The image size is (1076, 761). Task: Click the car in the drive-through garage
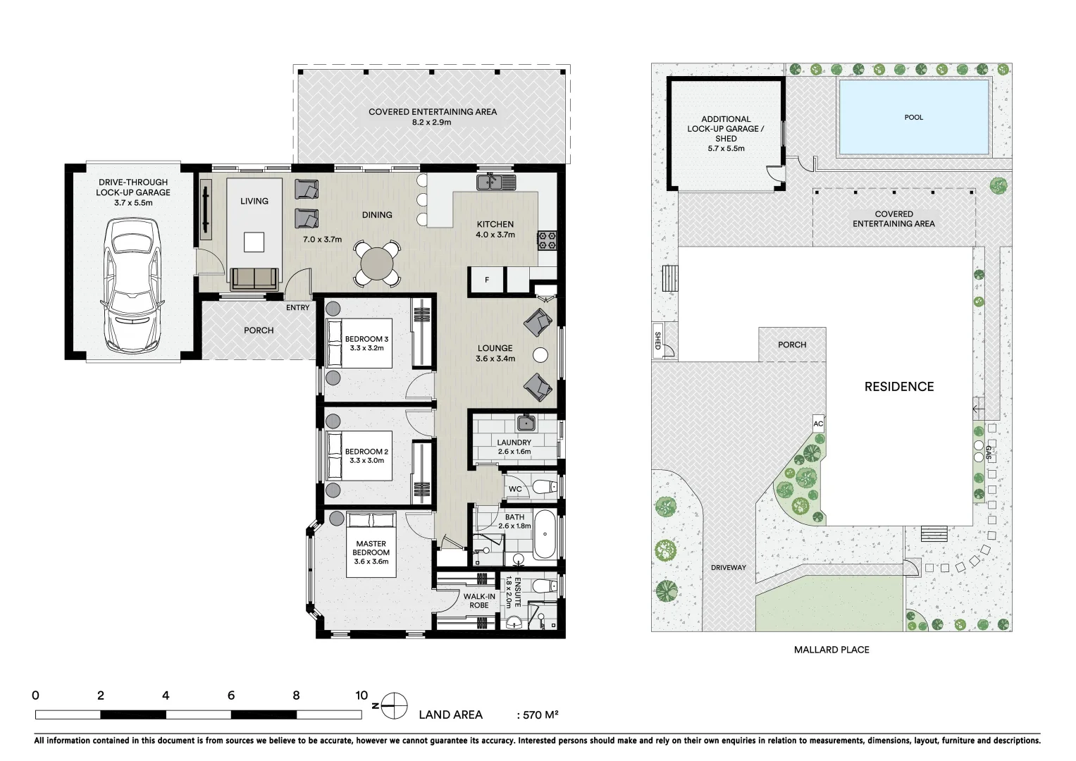[133, 285]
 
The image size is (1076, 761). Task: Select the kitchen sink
[496, 182]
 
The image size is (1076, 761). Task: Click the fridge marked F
[487, 280]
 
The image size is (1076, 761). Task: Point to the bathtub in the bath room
[545, 534]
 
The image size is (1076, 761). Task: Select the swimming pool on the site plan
[913, 117]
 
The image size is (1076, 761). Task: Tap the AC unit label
[818, 423]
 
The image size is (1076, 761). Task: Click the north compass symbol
[395, 705]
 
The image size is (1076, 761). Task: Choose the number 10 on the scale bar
[361, 695]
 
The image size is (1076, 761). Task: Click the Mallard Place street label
[831, 650]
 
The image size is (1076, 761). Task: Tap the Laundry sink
[526, 423]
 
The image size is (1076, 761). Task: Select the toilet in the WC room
[543, 487]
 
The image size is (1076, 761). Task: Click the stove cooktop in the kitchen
[547, 240]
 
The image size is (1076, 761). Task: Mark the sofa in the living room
[254, 278]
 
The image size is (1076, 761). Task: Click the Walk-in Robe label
[479, 601]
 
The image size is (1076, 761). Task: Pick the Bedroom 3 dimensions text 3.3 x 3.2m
[366, 348]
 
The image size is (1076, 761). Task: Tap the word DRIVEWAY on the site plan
[728, 567]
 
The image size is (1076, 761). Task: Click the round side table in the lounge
[540, 355]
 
